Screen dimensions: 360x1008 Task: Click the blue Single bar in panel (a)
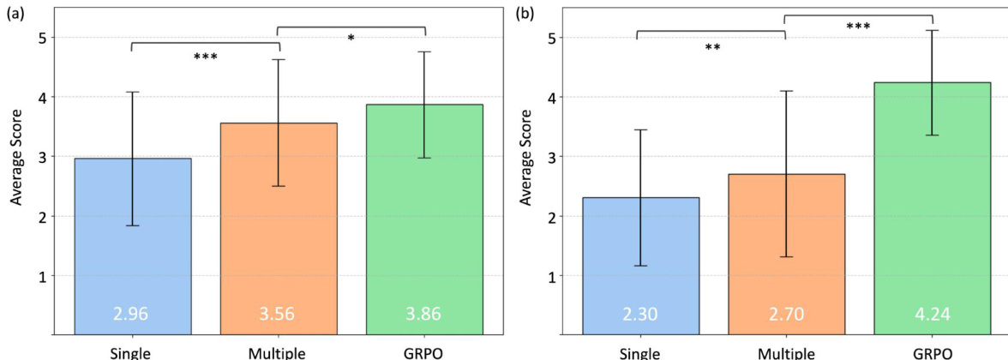tap(133, 249)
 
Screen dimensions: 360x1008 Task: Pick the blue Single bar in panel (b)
tap(641, 266)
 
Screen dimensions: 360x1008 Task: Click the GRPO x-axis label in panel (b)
tap(932, 351)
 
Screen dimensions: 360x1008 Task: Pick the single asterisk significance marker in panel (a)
tap(351, 38)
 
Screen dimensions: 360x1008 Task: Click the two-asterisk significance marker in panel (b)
tap(712, 48)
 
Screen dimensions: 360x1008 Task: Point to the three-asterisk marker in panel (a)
tap(205, 57)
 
